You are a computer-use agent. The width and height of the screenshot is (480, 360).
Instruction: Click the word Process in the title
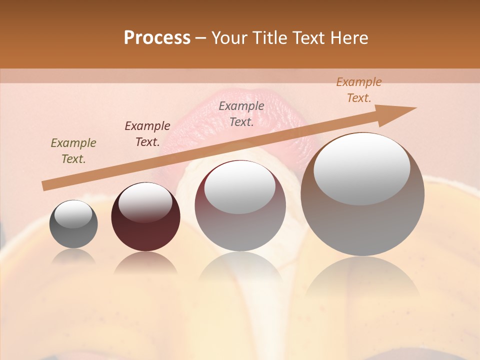point(157,38)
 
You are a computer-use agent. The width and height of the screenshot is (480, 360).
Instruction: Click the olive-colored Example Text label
point(73,151)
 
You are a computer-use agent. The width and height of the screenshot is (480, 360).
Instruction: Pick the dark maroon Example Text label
point(147,134)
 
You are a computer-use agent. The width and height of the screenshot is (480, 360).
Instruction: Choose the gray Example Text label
point(241,114)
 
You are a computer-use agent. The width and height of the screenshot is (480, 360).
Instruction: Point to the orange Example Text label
point(359,90)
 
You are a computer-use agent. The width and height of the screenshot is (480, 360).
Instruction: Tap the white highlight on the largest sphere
point(361,169)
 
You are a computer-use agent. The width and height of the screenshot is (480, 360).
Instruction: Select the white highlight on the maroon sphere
point(145,202)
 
